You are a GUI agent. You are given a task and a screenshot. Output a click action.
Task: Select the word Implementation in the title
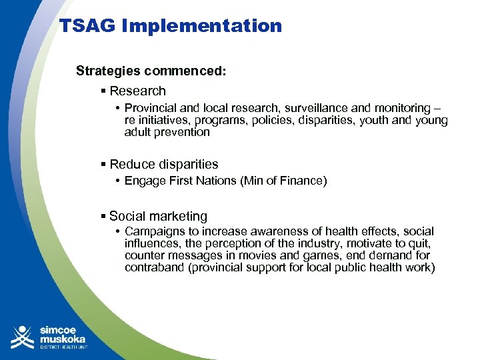point(201,27)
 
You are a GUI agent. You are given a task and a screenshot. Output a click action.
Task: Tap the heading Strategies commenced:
point(151,71)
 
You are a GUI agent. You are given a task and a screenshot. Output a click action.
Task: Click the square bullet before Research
point(103,91)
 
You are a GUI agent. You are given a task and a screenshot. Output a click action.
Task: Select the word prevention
point(183,132)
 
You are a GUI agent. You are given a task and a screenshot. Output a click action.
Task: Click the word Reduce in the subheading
point(130,164)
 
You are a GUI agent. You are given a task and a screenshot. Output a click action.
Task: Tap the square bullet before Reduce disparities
point(103,165)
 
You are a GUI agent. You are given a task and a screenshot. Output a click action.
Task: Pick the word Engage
point(143,181)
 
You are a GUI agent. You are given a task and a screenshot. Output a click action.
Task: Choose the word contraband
point(151,267)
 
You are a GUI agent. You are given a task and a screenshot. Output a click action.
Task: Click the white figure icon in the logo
point(23,337)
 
